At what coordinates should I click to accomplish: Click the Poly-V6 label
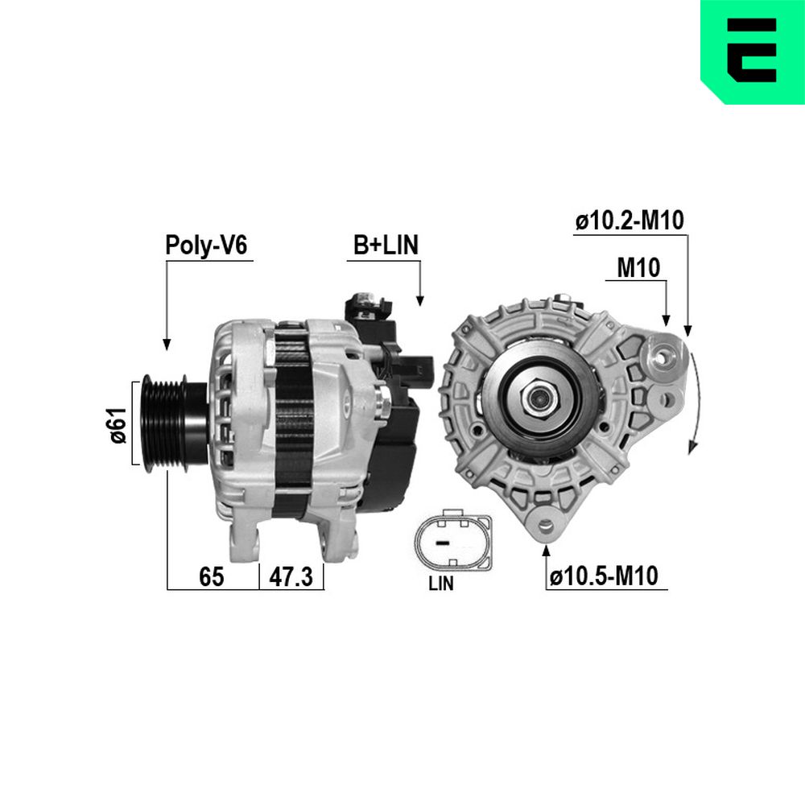click(x=206, y=245)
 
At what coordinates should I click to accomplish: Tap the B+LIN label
click(x=386, y=245)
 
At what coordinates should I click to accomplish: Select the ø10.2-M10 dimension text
click(x=630, y=221)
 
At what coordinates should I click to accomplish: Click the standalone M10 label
click(x=638, y=267)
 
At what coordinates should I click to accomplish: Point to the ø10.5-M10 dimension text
click(x=603, y=576)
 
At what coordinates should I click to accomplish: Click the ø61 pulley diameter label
click(x=118, y=425)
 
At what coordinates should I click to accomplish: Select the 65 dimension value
click(x=212, y=576)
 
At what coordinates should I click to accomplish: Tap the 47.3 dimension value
click(x=291, y=576)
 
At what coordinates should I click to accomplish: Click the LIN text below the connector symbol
click(x=441, y=583)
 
